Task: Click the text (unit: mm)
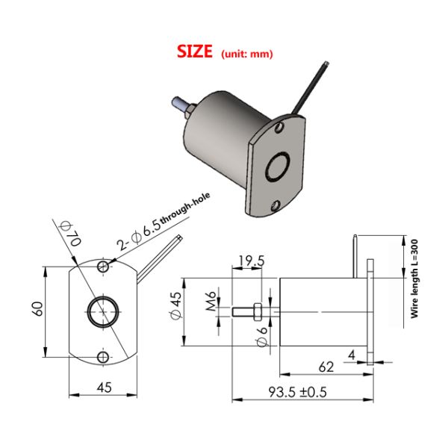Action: click(x=248, y=54)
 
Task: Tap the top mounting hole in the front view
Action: click(x=103, y=267)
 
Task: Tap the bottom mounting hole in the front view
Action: click(x=103, y=355)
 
